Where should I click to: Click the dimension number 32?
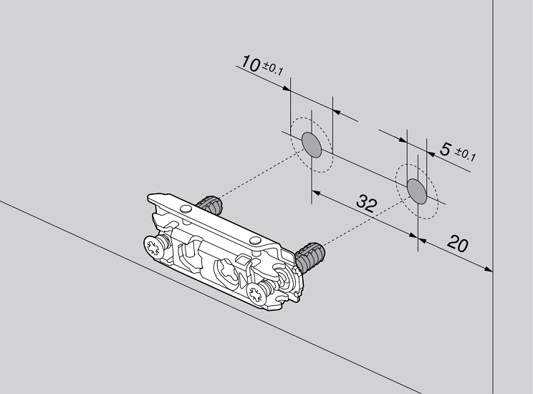(367, 203)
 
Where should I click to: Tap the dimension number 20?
(458, 243)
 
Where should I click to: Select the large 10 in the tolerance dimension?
(251, 64)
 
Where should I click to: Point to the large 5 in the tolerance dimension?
(446, 149)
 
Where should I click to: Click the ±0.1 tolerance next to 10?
(273, 69)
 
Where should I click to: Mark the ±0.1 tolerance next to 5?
(466, 155)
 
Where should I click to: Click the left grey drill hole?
(312, 145)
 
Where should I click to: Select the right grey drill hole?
(417, 191)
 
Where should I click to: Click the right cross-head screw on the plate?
(258, 293)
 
